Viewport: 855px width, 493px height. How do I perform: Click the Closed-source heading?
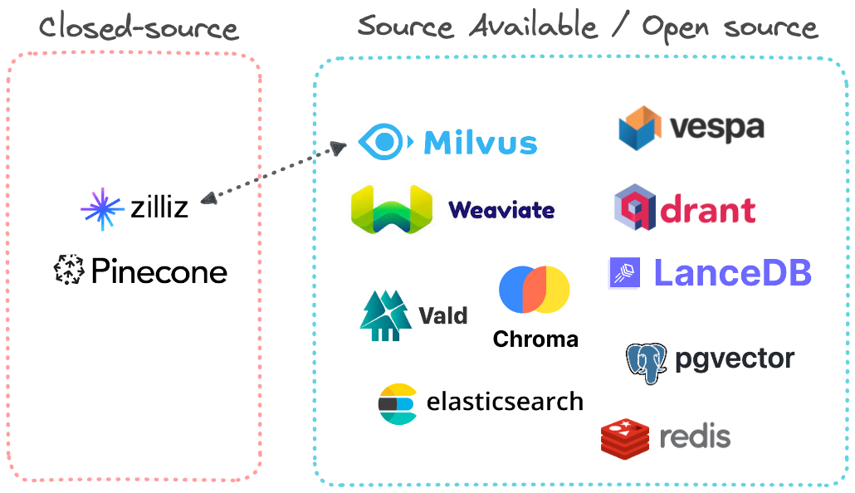[x=139, y=28]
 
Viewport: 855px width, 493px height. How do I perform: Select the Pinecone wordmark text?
[x=159, y=271]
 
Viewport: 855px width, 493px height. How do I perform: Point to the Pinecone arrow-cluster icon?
[x=70, y=271]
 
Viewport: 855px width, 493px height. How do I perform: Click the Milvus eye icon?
[x=384, y=142]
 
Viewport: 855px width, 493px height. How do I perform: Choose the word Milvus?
[x=481, y=143]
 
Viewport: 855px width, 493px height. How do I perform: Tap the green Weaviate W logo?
[x=392, y=209]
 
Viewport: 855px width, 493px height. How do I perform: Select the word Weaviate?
[x=501, y=210]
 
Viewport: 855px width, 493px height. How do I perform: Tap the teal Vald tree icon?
[x=385, y=315]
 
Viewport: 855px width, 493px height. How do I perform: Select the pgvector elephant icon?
[x=647, y=361]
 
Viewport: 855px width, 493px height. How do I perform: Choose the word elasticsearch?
[x=505, y=403]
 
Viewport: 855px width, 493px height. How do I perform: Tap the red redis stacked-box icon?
[x=624, y=437]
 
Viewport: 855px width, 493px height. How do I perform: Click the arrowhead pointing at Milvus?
[x=338, y=148]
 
